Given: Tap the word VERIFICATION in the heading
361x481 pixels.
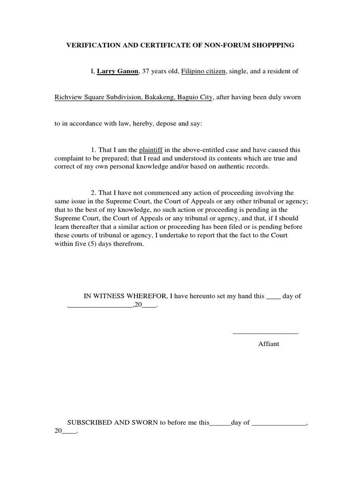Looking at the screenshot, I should [x=90, y=45].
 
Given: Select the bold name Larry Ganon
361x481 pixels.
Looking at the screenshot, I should [x=118, y=71].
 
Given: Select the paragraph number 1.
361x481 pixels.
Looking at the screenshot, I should [x=94, y=150].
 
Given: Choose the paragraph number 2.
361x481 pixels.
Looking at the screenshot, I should [x=94, y=193].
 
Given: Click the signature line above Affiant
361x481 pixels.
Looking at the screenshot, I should [x=265, y=333].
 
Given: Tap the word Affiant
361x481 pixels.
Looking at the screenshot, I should [x=268, y=344].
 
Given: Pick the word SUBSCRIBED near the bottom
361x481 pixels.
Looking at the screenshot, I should [x=90, y=422].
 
